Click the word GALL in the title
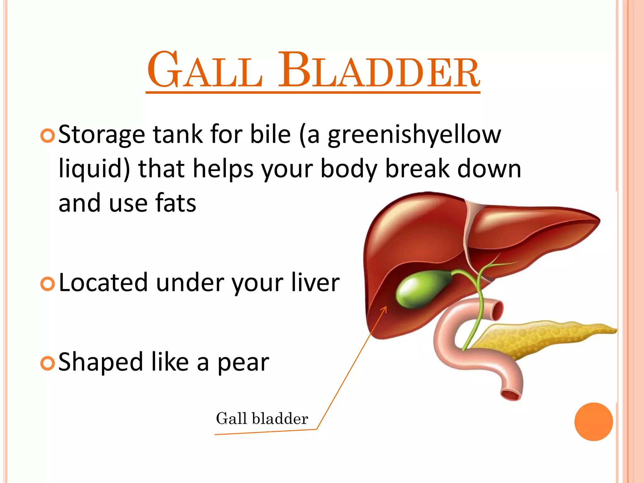pos(205,71)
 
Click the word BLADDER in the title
pos(379,71)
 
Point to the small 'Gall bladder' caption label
pos(262,419)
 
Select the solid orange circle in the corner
pos(593,422)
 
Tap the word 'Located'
pos(103,283)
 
